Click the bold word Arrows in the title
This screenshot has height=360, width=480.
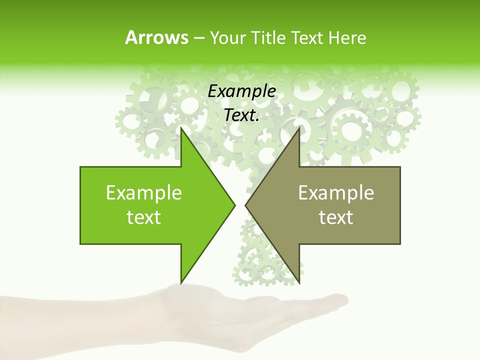[x=156, y=37]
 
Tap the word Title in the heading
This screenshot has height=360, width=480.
[x=268, y=37]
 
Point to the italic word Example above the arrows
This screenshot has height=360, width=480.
[x=241, y=91]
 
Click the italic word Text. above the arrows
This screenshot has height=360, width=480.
[x=241, y=115]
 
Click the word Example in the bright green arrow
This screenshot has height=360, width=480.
[x=144, y=192]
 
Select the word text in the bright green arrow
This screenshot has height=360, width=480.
[x=144, y=217]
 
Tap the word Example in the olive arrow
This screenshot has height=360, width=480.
[x=336, y=192]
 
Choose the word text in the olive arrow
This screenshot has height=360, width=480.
[x=336, y=217]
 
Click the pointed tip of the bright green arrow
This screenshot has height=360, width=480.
[x=235, y=205]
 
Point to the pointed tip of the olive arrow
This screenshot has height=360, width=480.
[x=245, y=205]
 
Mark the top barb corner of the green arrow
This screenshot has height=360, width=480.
[x=181, y=128]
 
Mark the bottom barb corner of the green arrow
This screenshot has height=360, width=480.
[x=181, y=282]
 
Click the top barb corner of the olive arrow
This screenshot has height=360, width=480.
[x=299, y=128]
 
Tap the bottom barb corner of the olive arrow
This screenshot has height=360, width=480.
[x=299, y=282]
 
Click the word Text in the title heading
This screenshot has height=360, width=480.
[x=307, y=37]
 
